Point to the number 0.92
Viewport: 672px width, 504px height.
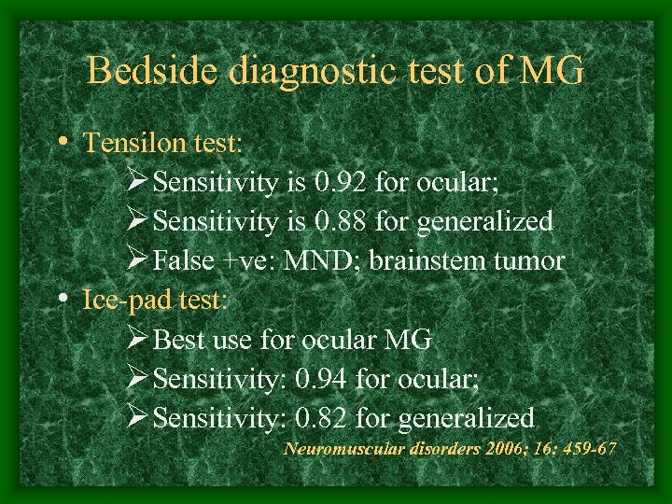click(x=334, y=182)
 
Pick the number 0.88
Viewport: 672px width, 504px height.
click(x=334, y=221)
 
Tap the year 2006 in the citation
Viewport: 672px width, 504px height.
click(x=490, y=449)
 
